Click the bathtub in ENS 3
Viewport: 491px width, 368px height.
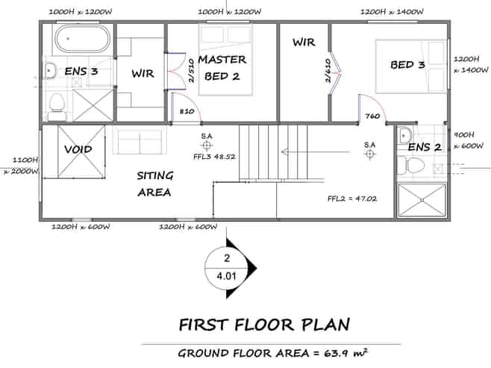82,39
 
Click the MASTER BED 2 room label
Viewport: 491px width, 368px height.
222,68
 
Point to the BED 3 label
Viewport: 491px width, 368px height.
407,65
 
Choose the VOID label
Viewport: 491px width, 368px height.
78,149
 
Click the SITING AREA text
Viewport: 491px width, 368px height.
154,184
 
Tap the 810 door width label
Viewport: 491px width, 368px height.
187,111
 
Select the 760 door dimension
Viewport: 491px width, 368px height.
372,116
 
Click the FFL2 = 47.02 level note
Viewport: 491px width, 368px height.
352,199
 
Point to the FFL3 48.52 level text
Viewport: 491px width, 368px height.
214,157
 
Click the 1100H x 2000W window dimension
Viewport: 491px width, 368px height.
22,166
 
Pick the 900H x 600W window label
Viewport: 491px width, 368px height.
469,140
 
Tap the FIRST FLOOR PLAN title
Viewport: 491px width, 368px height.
264,325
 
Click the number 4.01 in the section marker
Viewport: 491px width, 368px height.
226,276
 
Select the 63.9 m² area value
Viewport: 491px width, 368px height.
345,353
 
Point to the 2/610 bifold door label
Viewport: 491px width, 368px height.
328,70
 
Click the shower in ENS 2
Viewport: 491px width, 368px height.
422,200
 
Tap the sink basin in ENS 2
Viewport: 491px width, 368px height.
405,134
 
